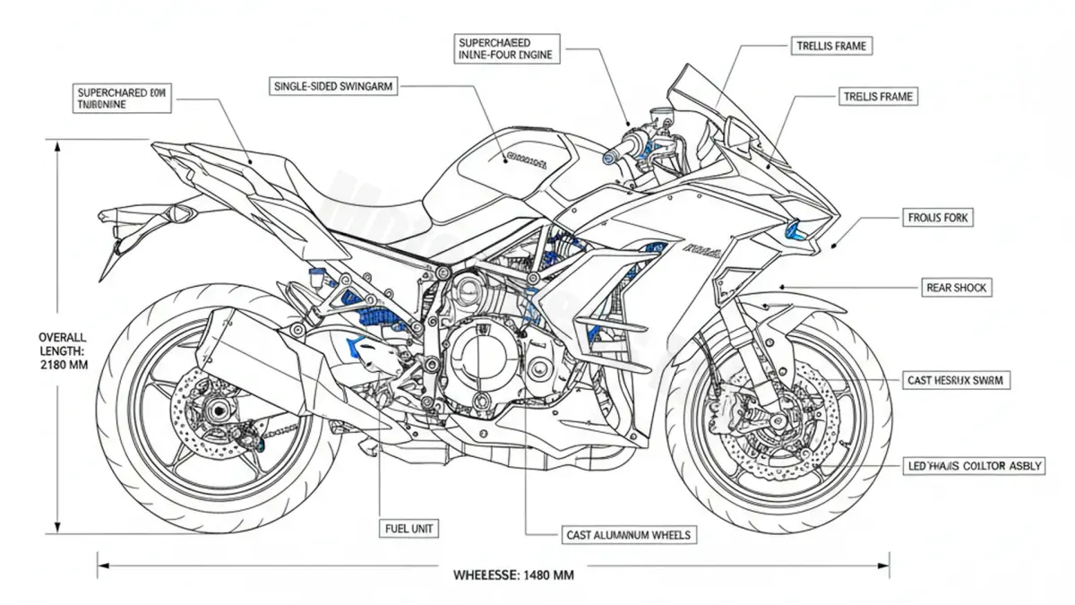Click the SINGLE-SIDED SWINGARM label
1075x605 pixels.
click(x=331, y=86)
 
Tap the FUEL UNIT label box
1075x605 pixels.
click(x=409, y=529)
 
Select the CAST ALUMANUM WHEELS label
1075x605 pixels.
click(x=629, y=535)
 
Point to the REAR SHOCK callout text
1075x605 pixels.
click(x=956, y=288)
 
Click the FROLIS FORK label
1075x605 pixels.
click(x=938, y=217)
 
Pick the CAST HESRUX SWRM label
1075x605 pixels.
click(x=956, y=380)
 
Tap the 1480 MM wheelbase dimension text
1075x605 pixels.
click(x=513, y=575)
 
